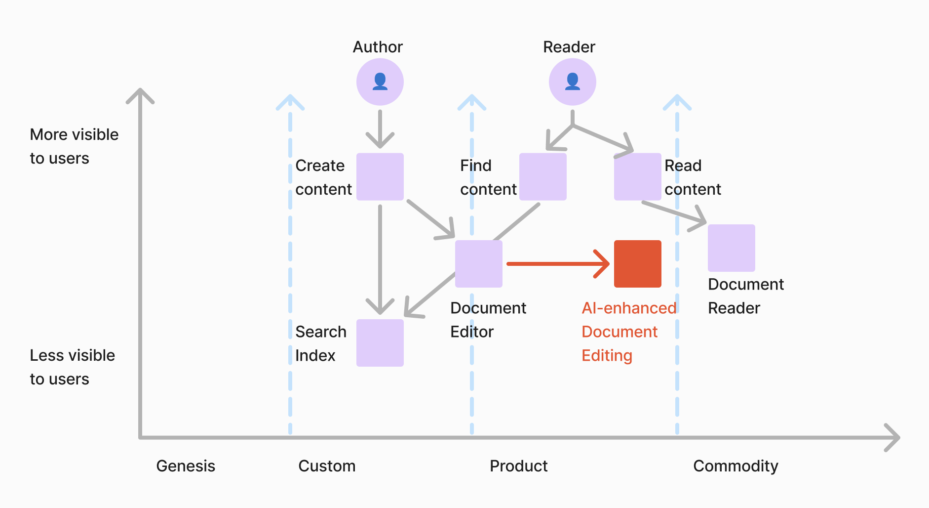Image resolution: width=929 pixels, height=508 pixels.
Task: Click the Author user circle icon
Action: (380, 82)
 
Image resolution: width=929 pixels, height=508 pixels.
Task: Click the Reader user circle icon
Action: (572, 82)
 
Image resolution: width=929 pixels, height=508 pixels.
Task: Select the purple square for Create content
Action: (380, 176)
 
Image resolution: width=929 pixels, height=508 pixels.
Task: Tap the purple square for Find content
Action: (542, 176)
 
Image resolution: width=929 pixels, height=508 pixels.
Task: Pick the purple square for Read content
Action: (637, 176)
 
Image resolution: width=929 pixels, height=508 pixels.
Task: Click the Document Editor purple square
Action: (478, 263)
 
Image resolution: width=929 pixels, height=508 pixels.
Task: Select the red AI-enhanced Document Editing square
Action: (637, 263)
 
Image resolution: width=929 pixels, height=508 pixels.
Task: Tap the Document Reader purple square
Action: (731, 248)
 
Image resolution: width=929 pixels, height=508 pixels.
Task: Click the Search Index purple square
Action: (380, 342)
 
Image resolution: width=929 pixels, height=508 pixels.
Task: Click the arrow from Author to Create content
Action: (380, 128)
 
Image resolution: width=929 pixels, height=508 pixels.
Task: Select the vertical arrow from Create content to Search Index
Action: (380, 257)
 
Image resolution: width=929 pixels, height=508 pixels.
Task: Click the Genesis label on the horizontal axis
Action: (186, 466)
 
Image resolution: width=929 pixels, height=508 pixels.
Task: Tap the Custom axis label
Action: (327, 466)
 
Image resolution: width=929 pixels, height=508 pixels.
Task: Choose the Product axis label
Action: (518, 466)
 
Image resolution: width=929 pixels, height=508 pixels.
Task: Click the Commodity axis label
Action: (735, 466)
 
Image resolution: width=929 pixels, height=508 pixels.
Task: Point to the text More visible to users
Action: (74, 146)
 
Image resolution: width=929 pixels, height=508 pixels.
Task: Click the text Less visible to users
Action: (72, 367)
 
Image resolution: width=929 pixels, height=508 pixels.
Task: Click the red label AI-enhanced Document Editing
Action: (628, 332)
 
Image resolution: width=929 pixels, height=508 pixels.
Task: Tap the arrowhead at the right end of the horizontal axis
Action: (892, 437)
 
